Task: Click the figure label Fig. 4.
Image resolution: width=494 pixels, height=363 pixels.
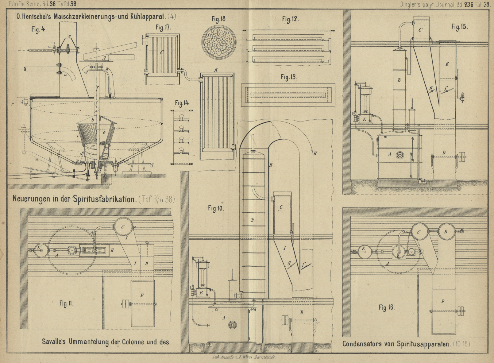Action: [39, 29]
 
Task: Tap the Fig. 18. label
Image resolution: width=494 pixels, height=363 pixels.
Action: [219, 19]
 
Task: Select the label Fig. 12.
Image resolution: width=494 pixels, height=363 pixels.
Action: [290, 19]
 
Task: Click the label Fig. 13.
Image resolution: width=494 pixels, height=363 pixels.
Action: [289, 77]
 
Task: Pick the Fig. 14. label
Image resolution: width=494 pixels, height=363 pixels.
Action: [182, 103]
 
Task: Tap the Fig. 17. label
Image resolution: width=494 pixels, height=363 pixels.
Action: [163, 28]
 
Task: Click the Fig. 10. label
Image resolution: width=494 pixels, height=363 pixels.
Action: [216, 209]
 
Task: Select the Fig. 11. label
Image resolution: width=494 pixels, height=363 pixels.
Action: [66, 303]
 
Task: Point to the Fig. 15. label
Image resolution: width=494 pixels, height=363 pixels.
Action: [459, 27]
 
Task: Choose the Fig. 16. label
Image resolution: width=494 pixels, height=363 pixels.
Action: [387, 307]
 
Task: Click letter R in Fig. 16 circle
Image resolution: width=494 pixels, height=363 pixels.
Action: [446, 232]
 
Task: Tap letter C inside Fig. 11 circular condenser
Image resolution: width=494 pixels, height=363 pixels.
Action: [123, 227]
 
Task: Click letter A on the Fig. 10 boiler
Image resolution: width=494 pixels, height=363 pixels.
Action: [223, 318]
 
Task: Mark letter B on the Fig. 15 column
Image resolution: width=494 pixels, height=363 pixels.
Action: [399, 80]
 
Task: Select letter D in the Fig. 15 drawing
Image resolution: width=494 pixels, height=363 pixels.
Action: [444, 153]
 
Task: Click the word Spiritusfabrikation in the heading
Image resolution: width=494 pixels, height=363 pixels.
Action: [104, 199]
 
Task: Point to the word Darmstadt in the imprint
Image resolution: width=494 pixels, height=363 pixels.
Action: [267, 357]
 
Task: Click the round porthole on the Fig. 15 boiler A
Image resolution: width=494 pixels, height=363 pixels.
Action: [400, 155]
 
